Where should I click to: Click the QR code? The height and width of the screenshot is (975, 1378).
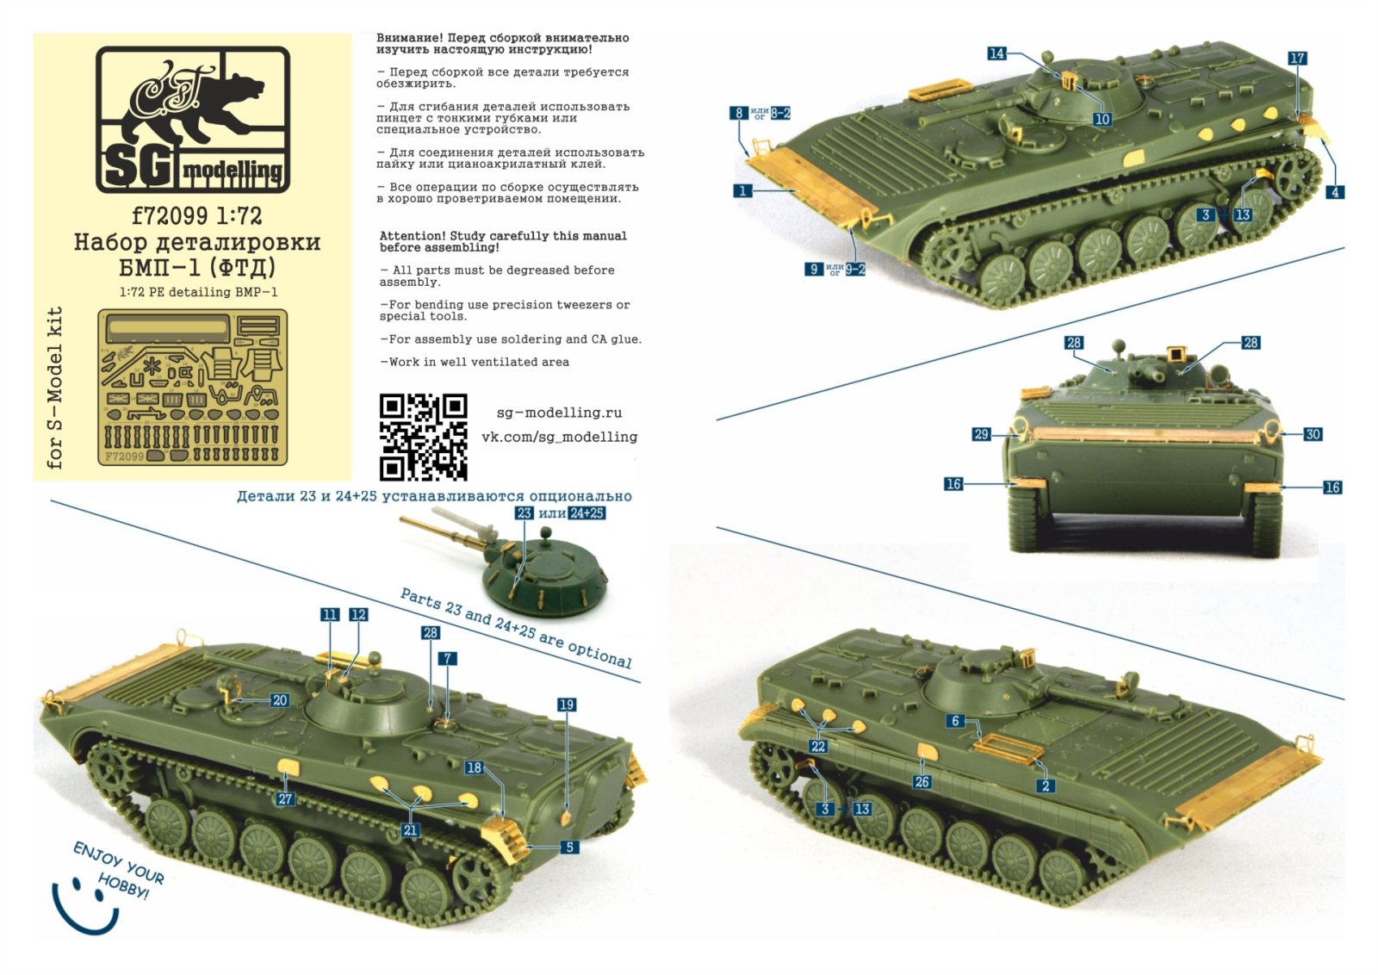(423, 437)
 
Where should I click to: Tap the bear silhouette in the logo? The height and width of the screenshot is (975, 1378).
(194, 105)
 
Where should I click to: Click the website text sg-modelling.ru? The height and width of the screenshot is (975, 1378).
(559, 413)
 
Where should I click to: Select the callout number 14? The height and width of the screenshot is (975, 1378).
(996, 53)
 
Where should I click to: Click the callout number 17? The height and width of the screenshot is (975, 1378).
(1297, 58)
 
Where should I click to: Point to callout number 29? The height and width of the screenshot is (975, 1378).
(981, 434)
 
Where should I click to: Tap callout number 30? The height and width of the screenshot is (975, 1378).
(1313, 434)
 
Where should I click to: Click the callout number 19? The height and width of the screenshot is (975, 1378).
(566, 705)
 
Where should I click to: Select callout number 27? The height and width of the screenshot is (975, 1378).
(285, 798)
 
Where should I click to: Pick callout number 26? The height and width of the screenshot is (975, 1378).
(922, 781)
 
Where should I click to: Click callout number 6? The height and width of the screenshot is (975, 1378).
(955, 721)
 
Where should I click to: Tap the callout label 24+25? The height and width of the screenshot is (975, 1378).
(587, 513)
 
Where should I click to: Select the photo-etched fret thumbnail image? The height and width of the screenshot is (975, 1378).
(192, 387)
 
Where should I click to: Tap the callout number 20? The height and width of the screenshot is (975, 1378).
(280, 700)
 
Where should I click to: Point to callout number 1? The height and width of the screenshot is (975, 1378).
(742, 190)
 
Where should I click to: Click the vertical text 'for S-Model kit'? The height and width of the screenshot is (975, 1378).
(55, 388)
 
